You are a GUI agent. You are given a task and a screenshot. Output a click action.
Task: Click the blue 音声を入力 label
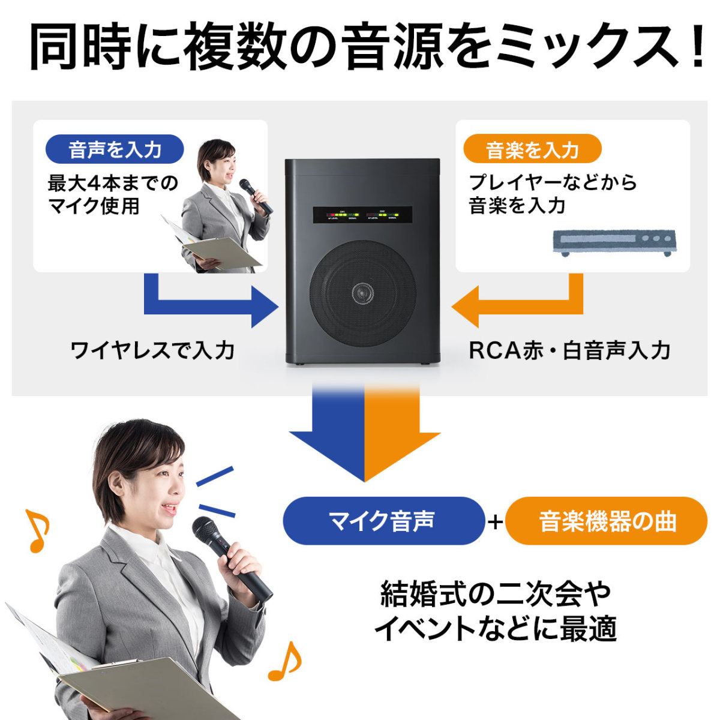pyautogui.click(x=115, y=149)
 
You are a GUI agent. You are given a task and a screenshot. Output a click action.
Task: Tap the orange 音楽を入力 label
pyautogui.click(x=532, y=149)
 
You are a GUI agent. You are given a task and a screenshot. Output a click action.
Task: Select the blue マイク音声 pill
pyautogui.click(x=382, y=521)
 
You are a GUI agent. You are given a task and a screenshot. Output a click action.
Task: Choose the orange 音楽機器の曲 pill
pyautogui.click(x=607, y=521)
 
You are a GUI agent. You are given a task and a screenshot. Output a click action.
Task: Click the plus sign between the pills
pyautogui.click(x=495, y=522)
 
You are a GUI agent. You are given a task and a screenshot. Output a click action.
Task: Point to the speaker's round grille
pyautogui.click(x=362, y=294)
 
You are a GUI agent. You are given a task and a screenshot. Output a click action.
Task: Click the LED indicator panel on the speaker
pyautogui.click(x=362, y=215)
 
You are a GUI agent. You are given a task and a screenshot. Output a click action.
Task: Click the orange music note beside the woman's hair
pyautogui.click(x=37, y=530)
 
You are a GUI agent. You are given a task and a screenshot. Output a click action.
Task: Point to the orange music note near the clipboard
pyautogui.click(x=284, y=661)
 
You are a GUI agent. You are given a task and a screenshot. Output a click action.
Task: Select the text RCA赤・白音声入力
pyautogui.click(x=569, y=350)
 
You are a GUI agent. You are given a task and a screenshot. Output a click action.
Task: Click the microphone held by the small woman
pyautogui.click(x=256, y=196)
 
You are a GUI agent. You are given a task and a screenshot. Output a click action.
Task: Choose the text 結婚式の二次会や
pyautogui.click(x=496, y=595)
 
